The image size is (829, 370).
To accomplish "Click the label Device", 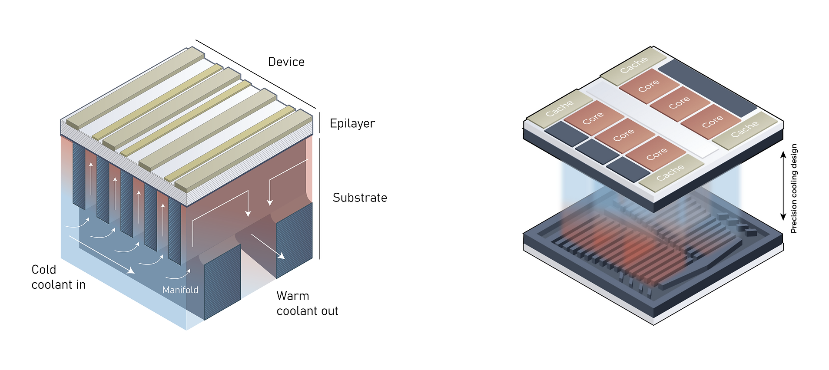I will (x=286, y=62).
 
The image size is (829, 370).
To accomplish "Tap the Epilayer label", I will (x=352, y=123).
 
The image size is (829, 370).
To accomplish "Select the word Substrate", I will (x=360, y=198).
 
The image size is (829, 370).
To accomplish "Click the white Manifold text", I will (x=180, y=290).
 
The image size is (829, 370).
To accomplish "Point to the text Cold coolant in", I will (x=58, y=277).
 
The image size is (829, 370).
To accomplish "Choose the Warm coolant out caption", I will (x=307, y=304).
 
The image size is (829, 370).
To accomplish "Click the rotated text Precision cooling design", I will (x=794, y=188).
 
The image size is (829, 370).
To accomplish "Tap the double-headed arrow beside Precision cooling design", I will (x=783, y=186).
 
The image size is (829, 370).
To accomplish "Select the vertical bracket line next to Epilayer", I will (x=320, y=122).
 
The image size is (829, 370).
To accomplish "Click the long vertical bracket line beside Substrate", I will (x=320, y=198).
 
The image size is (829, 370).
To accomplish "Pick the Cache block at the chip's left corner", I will (x=559, y=109).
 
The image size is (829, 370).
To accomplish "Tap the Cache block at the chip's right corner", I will (x=744, y=129).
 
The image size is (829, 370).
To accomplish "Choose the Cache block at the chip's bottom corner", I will (x=670, y=173).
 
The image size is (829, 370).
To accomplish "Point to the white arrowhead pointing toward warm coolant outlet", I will (x=282, y=256).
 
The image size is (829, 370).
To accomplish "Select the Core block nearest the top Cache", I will (x=649, y=86).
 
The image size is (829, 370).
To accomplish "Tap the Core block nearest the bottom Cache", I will (x=656, y=153).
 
